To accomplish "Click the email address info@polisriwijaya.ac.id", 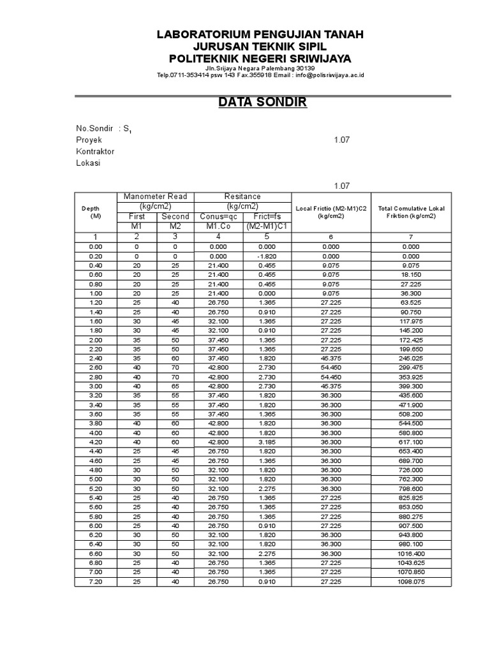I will click(329, 75).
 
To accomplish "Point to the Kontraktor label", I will click(95, 152).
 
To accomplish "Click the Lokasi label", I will click(88, 163).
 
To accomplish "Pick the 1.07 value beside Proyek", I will click(341, 140).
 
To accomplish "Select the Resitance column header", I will click(242, 196).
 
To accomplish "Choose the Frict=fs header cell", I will click(267, 216).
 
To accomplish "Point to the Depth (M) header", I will click(96, 212).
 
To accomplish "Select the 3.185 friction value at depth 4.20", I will click(267, 441).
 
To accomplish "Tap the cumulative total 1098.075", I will click(411, 582).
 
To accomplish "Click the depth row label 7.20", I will click(96, 582).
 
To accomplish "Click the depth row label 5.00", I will click(96, 478).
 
